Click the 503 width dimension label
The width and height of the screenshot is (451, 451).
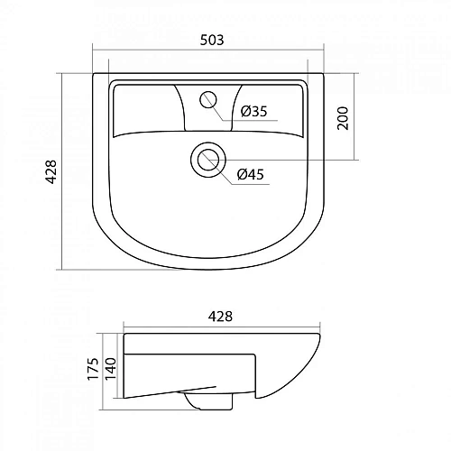pyautogui.click(x=211, y=40)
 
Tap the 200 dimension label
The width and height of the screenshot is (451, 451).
pyautogui.click(x=343, y=117)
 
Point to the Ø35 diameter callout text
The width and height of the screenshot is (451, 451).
pyautogui.click(x=253, y=112)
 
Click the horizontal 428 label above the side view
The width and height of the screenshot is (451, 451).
pyautogui.click(x=220, y=316)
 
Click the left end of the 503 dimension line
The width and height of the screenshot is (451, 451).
pyautogui.click(x=94, y=51)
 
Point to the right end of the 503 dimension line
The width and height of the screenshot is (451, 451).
pyautogui.click(x=326, y=51)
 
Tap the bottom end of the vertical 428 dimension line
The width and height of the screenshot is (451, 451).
pyautogui.click(x=62, y=269)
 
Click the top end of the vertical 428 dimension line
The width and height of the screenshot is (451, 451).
pyautogui.click(x=62, y=72)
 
